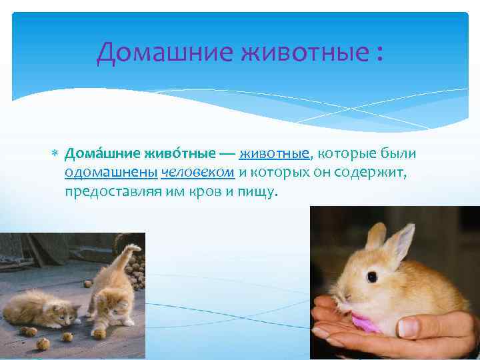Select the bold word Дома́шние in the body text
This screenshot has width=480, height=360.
tap(94, 154)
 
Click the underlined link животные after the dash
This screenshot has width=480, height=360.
tap(275, 154)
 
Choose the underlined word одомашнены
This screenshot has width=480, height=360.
tap(111, 173)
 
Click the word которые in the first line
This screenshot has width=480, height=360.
tap(349, 154)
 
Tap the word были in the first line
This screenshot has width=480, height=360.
tap(401, 154)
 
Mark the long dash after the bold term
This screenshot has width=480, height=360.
tap(227, 154)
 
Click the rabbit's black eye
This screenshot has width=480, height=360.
tap(371, 276)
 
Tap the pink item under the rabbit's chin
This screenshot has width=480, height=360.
tap(367, 323)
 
